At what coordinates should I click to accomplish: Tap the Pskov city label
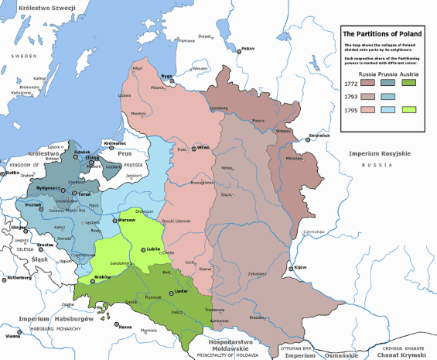(x=248, y=49)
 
